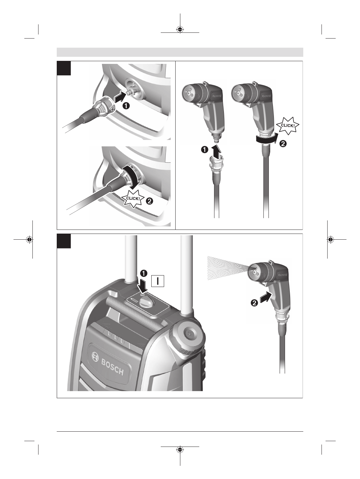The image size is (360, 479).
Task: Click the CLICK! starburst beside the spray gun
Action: tap(288, 126)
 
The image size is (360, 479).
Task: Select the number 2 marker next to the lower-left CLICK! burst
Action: tap(150, 201)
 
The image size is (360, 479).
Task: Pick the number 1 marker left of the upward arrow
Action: tap(204, 150)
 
